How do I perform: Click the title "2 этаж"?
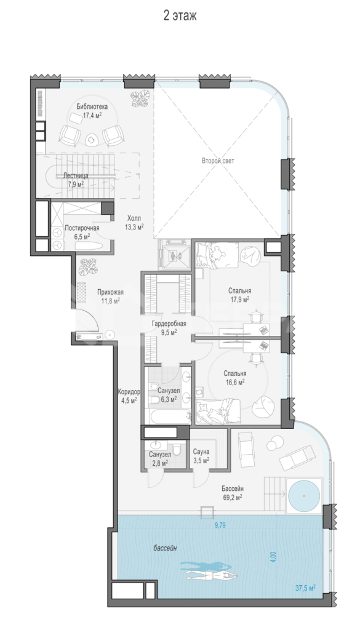click(180, 16)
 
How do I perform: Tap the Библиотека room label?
click(92, 107)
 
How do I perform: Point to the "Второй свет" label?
click(218, 161)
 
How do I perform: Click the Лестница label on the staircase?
click(76, 175)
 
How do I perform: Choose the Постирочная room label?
click(82, 228)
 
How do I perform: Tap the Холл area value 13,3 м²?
click(134, 226)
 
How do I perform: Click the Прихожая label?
click(110, 292)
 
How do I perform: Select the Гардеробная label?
click(169, 324)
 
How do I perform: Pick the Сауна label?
click(201, 452)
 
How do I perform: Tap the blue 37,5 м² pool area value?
click(305, 588)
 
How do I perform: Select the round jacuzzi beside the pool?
click(305, 495)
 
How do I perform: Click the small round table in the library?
click(93, 140)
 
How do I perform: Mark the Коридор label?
click(129, 391)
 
